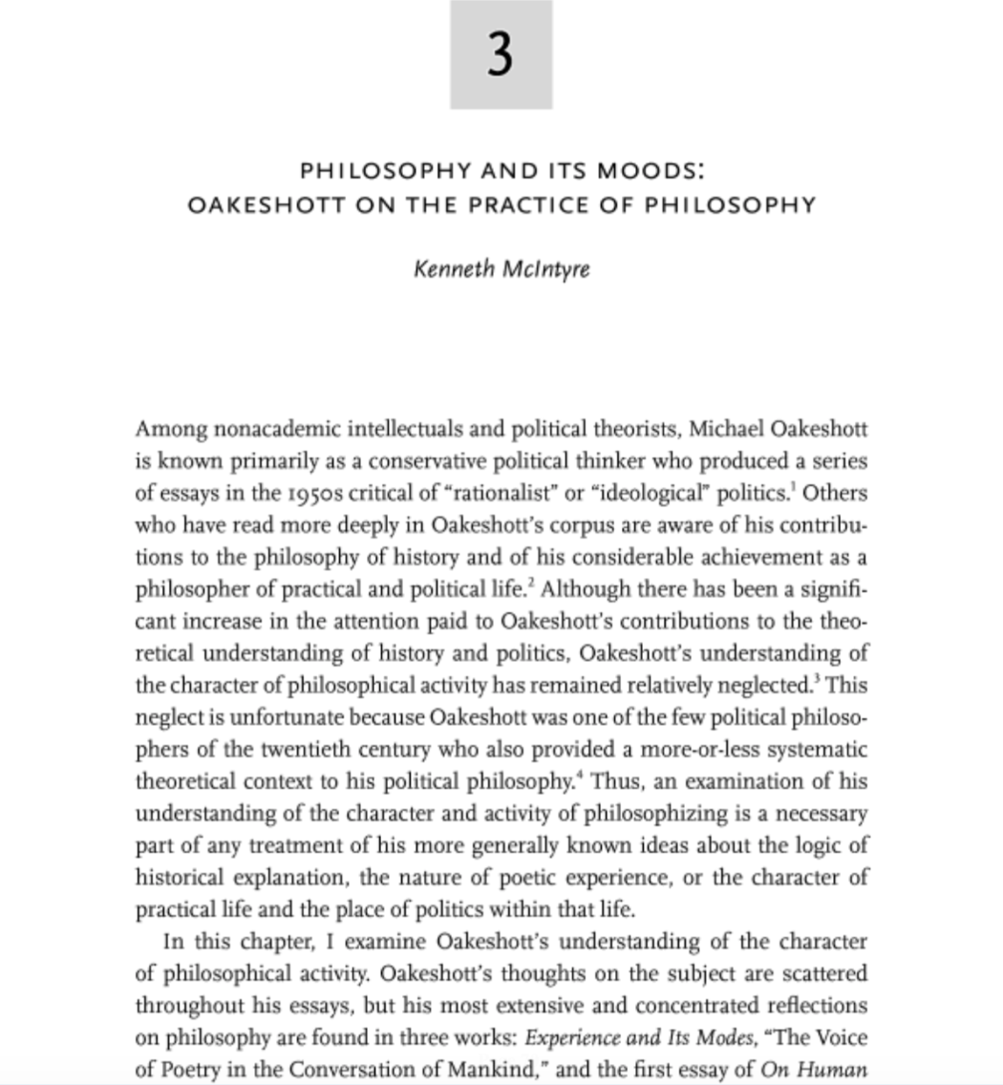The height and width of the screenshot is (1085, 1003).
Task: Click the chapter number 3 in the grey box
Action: pos(501,54)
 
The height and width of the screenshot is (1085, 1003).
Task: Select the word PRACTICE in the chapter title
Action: pos(555,205)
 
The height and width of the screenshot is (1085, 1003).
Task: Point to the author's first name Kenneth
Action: pos(450,269)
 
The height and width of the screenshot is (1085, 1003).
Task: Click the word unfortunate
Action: pos(288,717)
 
